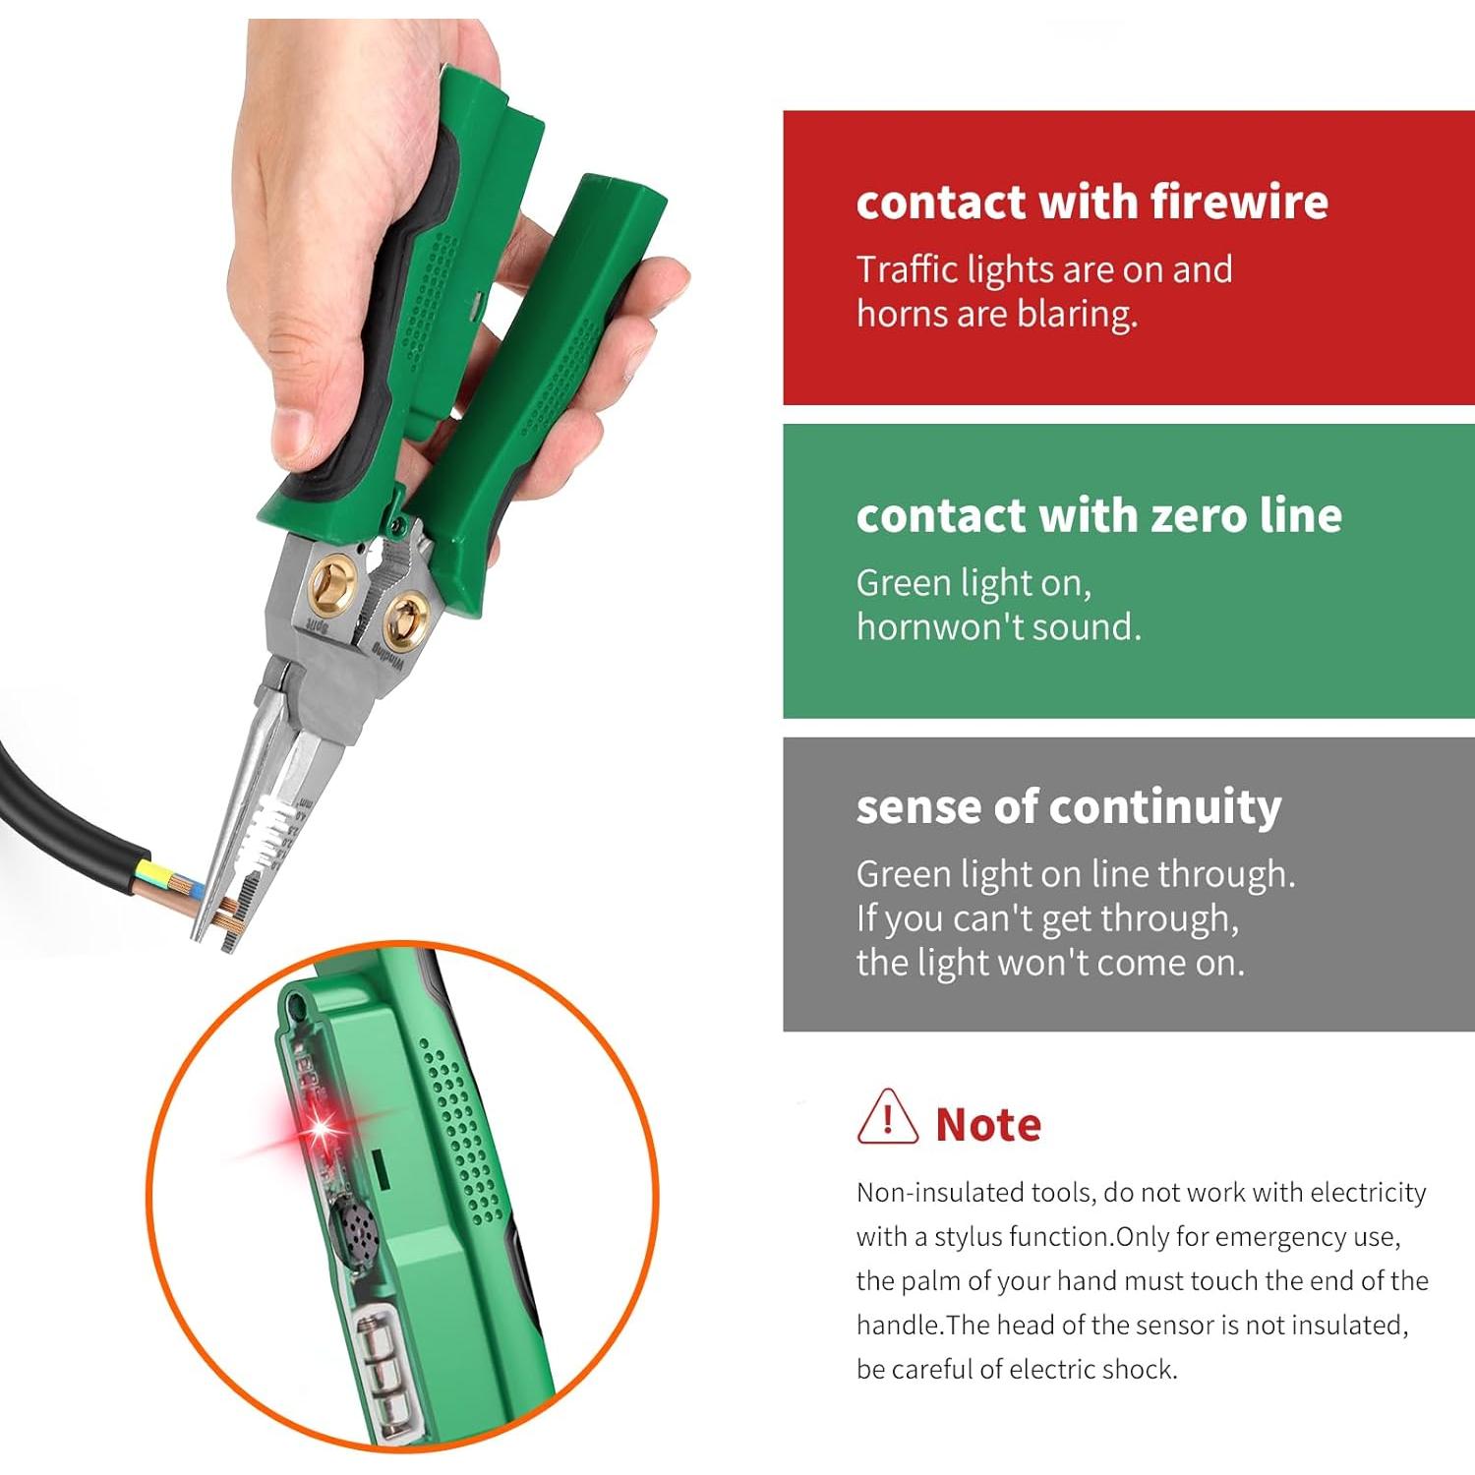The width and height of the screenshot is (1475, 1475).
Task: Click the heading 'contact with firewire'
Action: click(x=1091, y=203)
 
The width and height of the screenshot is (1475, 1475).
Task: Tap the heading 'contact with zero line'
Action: click(x=1098, y=516)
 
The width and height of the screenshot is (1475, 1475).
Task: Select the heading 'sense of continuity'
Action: click(x=1068, y=807)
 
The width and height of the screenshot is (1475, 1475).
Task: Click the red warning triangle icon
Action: click(x=887, y=1118)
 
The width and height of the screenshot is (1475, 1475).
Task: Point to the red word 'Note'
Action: click(x=988, y=1125)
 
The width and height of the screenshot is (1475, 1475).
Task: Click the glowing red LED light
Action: click(x=320, y=1131)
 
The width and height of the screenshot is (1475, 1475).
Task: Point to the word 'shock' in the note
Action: click(x=1141, y=1370)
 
